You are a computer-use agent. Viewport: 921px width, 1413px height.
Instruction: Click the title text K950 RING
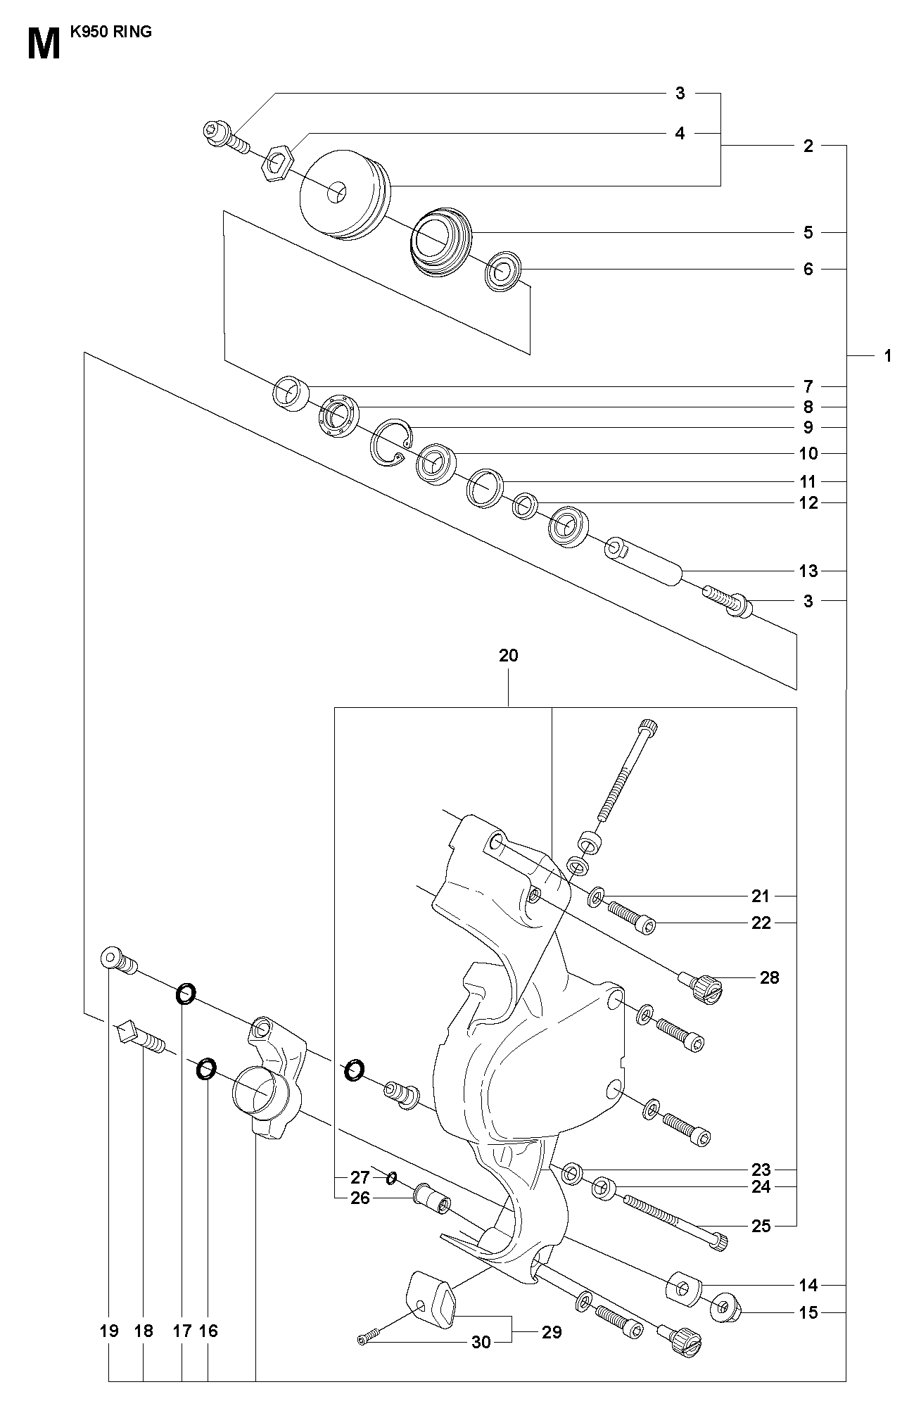tap(111, 32)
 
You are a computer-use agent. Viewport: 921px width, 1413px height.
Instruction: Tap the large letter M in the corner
tap(44, 44)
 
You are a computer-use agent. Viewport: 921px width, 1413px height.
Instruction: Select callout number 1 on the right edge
tap(887, 356)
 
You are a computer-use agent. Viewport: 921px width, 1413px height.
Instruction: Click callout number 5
tap(808, 232)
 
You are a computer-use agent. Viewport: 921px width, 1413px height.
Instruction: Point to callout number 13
tap(808, 571)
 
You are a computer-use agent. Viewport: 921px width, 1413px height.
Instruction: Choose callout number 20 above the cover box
tap(508, 655)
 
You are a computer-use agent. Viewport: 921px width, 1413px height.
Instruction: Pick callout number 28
tap(770, 977)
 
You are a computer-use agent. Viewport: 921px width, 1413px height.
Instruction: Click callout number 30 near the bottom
tap(481, 1342)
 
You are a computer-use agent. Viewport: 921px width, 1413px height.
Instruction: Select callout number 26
tap(360, 1198)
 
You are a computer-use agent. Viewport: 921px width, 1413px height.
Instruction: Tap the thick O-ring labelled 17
tap(185, 994)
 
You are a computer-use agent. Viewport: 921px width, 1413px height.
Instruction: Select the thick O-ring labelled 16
tap(205, 1070)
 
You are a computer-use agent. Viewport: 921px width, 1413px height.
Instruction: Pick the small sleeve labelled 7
tap(290, 393)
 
